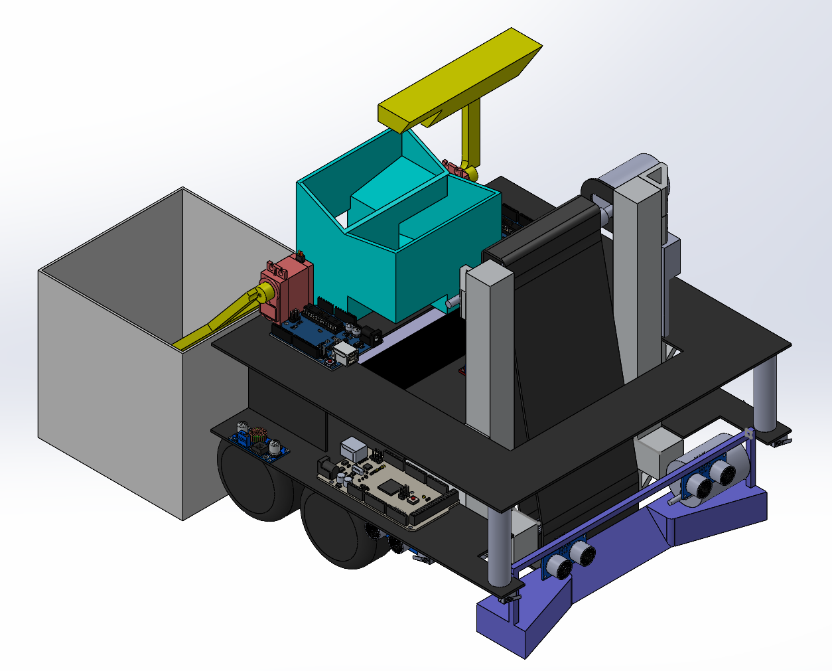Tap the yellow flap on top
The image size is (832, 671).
tap(464, 80)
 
